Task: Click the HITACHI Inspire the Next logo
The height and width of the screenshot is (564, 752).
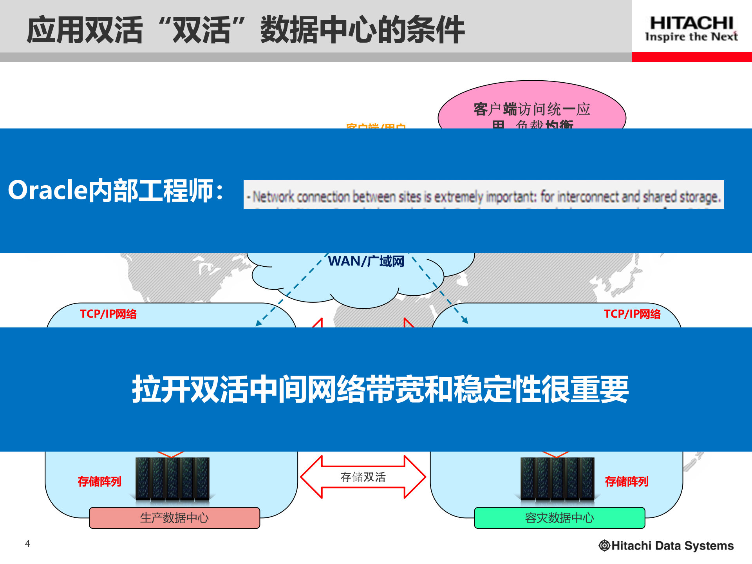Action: click(x=691, y=28)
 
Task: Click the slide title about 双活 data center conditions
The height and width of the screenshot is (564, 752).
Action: click(x=246, y=30)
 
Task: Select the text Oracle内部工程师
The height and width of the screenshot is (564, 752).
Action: click(x=116, y=191)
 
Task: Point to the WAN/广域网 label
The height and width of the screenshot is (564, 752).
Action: click(x=366, y=261)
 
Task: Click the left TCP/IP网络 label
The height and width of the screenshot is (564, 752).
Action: click(x=108, y=314)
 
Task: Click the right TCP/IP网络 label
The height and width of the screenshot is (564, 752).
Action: click(x=632, y=314)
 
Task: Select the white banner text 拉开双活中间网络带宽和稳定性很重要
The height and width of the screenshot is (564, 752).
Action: click(x=380, y=389)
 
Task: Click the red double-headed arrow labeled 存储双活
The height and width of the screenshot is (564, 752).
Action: click(x=363, y=477)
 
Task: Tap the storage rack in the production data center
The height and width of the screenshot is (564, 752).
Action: click(x=172, y=479)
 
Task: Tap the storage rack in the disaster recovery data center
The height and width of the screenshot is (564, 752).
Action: click(x=557, y=479)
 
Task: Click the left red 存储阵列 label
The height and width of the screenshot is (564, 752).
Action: click(x=99, y=481)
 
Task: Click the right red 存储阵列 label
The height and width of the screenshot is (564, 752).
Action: click(x=627, y=481)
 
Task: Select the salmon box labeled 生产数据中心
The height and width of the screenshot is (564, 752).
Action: click(x=174, y=518)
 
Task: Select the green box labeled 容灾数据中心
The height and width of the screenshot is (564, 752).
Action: click(x=559, y=518)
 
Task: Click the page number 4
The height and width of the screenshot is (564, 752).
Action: click(x=27, y=543)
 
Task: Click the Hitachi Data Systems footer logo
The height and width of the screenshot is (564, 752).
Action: click(x=666, y=546)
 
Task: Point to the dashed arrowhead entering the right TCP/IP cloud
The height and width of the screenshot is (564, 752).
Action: click(x=465, y=320)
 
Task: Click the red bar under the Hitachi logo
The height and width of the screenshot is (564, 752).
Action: click(x=692, y=57)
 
